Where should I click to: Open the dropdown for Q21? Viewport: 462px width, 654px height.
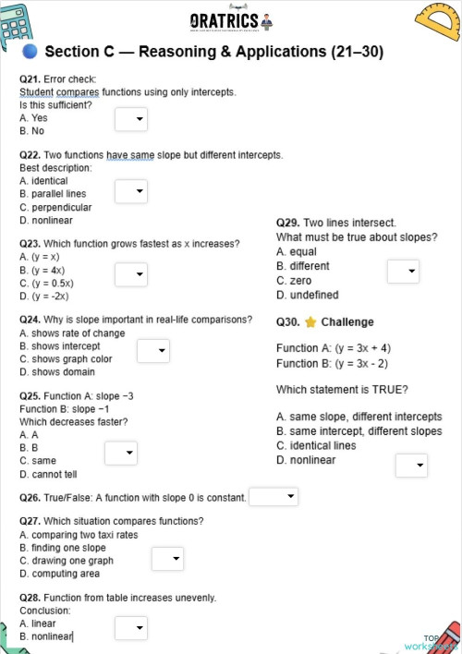(x=130, y=119)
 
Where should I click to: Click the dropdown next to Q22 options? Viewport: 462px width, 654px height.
(x=130, y=191)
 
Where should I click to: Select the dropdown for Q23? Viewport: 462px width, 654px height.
(x=130, y=274)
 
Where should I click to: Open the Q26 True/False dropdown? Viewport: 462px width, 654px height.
(x=274, y=497)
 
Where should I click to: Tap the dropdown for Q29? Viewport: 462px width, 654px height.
(x=402, y=272)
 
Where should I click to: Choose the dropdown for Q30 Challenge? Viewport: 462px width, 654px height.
(x=411, y=466)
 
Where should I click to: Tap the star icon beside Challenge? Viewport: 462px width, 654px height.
(x=310, y=322)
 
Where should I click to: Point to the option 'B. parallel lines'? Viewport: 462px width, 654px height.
(x=53, y=194)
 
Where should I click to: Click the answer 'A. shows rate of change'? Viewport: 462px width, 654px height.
(x=72, y=333)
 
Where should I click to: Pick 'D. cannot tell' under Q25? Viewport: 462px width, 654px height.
(x=48, y=474)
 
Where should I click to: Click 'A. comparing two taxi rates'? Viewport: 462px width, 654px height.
(x=79, y=535)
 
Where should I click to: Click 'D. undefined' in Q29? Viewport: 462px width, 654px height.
(x=308, y=296)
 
